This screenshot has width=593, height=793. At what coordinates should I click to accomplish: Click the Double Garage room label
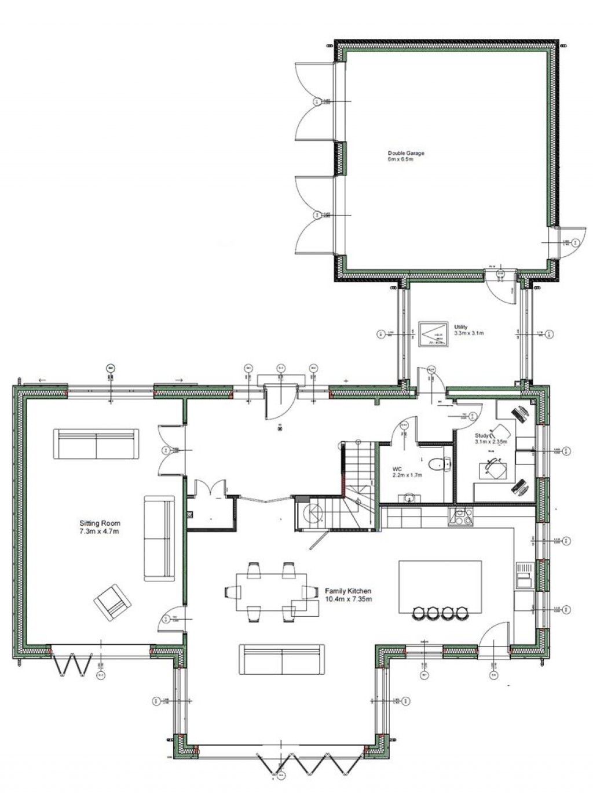(x=406, y=154)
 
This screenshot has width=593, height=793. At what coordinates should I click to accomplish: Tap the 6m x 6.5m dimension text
(x=401, y=160)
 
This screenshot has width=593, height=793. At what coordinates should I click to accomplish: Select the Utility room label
(x=461, y=327)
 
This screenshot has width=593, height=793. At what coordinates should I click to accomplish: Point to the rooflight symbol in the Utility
(x=433, y=334)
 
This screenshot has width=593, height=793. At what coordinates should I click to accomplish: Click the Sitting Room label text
(x=100, y=523)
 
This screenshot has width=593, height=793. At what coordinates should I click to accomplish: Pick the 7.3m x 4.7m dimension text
(x=100, y=531)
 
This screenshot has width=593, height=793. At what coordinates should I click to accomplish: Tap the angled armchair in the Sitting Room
(x=113, y=601)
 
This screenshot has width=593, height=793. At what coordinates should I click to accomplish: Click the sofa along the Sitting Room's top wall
(x=96, y=444)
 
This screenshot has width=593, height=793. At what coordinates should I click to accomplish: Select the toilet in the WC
(x=438, y=463)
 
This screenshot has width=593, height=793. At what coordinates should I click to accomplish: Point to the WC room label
(x=397, y=468)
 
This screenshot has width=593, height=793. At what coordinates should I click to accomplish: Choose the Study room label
(x=482, y=435)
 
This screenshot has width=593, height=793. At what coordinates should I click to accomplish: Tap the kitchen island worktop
(x=440, y=583)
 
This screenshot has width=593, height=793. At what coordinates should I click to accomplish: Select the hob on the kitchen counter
(x=460, y=516)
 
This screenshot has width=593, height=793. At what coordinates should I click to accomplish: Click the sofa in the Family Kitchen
(x=281, y=659)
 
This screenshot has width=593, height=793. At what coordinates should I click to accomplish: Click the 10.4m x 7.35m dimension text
(x=348, y=599)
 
